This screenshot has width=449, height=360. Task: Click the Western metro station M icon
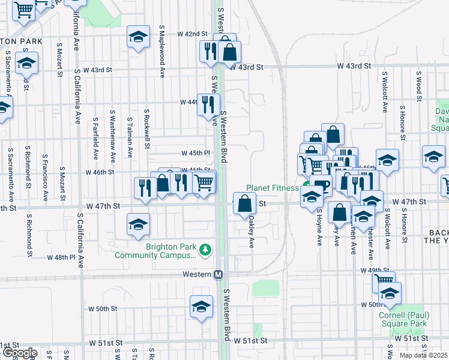point(219,274)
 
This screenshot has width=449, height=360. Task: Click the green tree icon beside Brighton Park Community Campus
point(205,248)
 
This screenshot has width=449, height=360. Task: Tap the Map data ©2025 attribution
point(423,355)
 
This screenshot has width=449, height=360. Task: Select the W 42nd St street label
point(196,34)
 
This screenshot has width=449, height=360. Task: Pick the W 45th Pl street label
point(196,153)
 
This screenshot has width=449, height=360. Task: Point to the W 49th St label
point(371,271)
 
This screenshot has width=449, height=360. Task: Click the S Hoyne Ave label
point(319,227)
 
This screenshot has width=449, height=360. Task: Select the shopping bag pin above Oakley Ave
point(245,203)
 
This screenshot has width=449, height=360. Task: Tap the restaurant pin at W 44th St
point(208,105)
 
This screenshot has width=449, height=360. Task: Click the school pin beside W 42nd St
point(138,38)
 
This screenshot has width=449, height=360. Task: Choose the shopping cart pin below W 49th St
point(384,281)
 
